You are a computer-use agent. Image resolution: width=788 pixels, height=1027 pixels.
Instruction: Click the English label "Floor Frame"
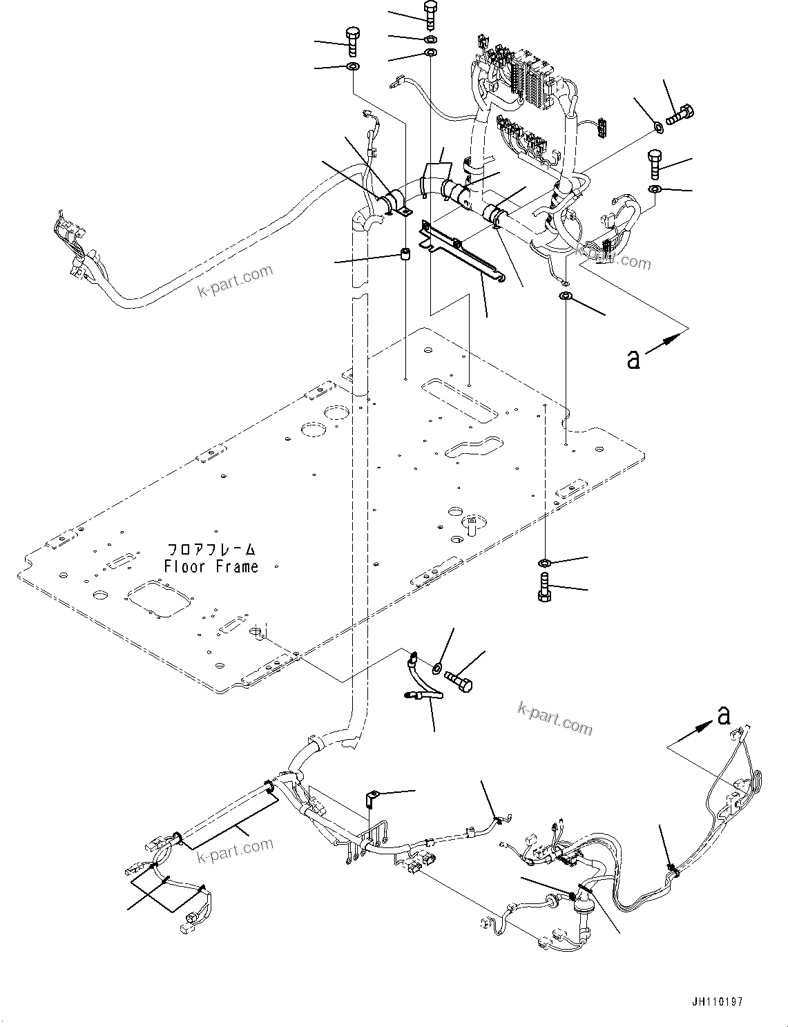coord(211,567)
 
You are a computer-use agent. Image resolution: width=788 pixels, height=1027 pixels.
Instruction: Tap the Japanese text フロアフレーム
coord(211,550)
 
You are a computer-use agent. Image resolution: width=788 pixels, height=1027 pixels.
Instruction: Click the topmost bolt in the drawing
coord(429,15)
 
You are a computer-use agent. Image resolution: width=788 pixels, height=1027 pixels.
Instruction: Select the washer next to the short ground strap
coord(438,668)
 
